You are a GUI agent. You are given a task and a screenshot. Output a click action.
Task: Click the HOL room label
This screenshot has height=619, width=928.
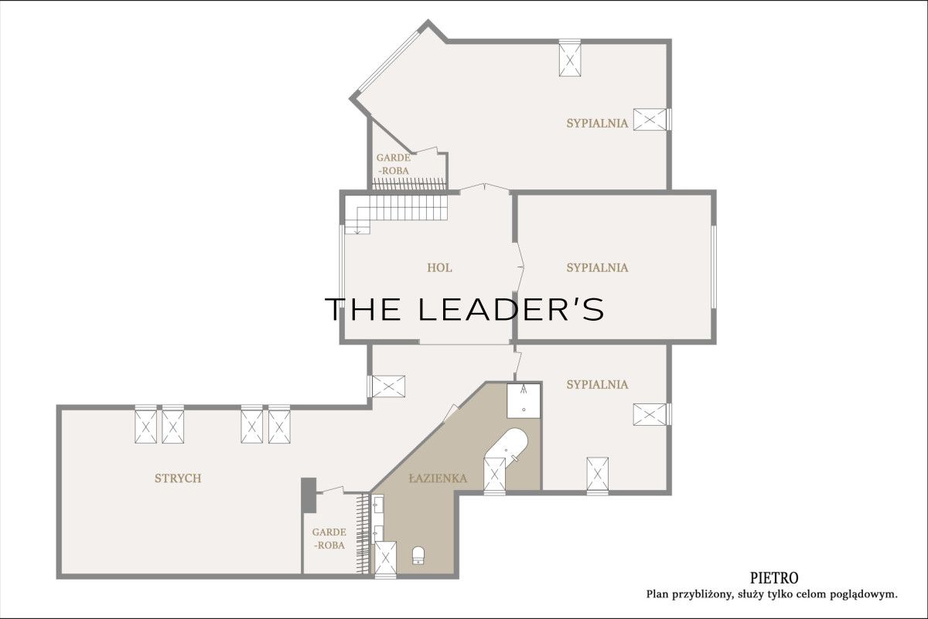point(439,268)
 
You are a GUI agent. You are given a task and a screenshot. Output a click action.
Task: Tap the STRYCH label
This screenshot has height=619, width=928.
point(178,478)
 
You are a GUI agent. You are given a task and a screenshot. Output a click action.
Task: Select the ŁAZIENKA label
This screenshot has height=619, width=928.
point(438,478)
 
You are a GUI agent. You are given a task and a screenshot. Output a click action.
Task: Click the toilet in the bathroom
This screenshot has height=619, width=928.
point(418,555)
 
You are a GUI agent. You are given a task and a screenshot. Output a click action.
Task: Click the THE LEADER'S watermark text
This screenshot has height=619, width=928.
point(464,309)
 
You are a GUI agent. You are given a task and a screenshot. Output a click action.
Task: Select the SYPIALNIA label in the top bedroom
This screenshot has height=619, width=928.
point(597,124)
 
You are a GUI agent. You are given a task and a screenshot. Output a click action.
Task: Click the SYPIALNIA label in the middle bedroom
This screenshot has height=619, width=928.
point(597,268)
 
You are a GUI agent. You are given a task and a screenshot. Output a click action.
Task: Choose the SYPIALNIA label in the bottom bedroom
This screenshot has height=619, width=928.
point(597,385)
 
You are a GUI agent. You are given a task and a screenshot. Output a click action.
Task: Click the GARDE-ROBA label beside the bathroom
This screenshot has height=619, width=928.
point(329,539)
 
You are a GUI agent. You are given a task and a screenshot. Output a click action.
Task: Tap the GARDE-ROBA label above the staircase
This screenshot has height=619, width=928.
point(393,164)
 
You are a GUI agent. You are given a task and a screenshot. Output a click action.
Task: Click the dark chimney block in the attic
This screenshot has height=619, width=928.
point(309,495)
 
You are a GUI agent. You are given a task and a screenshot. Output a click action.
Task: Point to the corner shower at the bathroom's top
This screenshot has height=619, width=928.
point(524,400)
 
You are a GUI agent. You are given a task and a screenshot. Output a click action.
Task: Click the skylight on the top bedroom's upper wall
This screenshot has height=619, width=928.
point(570,58)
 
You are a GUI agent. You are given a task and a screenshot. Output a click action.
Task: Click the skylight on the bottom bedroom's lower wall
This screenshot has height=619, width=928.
point(597,476)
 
